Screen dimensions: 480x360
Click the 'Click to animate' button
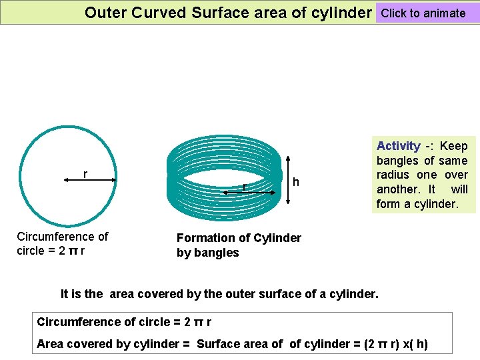click(423, 13)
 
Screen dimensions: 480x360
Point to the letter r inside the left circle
click(85, 174)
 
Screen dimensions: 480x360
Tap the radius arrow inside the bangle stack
click(250, 192)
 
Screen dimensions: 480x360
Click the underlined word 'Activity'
click(398, 146)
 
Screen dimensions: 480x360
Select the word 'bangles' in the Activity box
click(397, 161)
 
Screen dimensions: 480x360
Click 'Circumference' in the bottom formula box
click(79, 322)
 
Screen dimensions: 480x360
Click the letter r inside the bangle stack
click(245, 186)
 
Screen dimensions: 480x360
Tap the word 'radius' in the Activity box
click(393, 175)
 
